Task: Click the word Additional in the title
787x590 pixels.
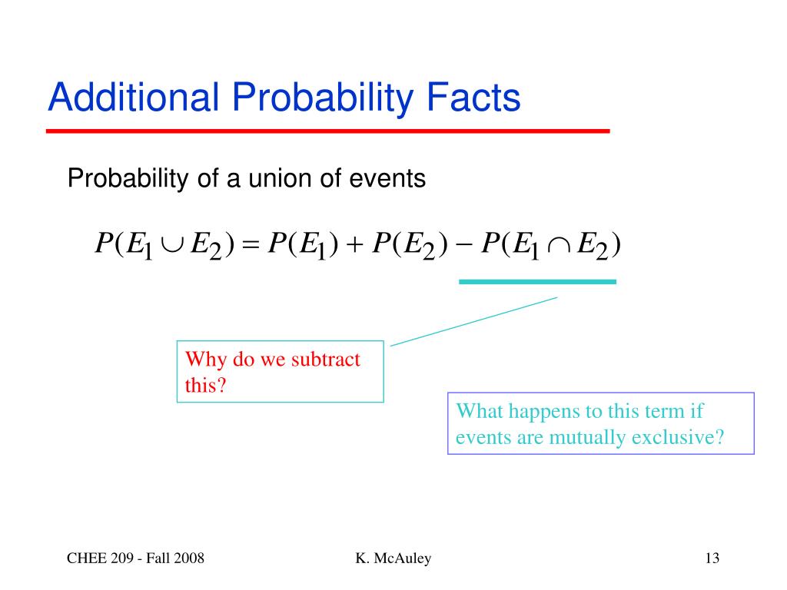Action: pos(134,97)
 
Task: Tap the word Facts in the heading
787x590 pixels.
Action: pos(473,97)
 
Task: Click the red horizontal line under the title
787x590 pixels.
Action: pos(327,131)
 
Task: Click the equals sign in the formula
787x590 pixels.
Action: pos(251,244)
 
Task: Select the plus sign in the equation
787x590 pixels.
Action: pos(354,244)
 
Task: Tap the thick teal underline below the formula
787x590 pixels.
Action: pos(537,282)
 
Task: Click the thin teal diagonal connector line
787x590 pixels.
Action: pos(473,322)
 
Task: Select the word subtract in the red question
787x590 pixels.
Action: pos(326,360)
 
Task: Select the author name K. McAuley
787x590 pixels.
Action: pos(393,559)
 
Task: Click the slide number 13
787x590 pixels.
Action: pos(712,558)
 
